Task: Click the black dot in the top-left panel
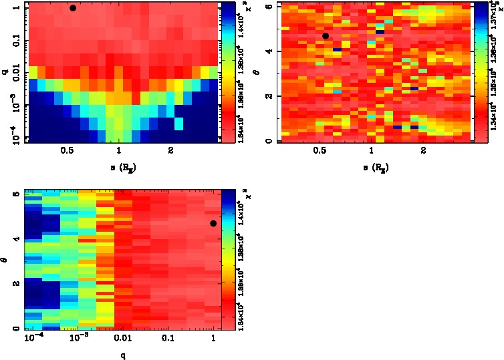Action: pos(73,8)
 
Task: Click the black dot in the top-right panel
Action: pos(326,36)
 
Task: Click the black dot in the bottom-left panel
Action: pos(213,223)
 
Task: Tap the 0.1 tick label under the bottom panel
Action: pos(167,339)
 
